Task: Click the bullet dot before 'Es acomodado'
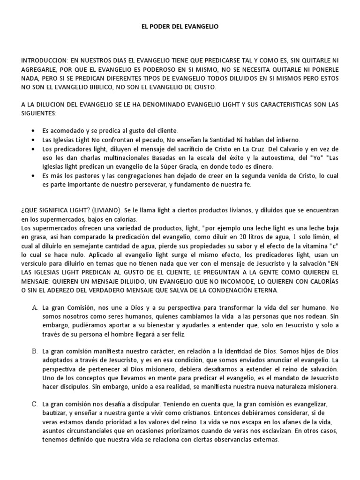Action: coord(32,130)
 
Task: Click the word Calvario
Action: coord(287,149)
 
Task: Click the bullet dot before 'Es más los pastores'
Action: coord(32,175)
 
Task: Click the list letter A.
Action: coord(34,307)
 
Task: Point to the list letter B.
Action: coord(34,351)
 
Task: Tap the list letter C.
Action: coord(34,404)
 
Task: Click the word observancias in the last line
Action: coord(211,440)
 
